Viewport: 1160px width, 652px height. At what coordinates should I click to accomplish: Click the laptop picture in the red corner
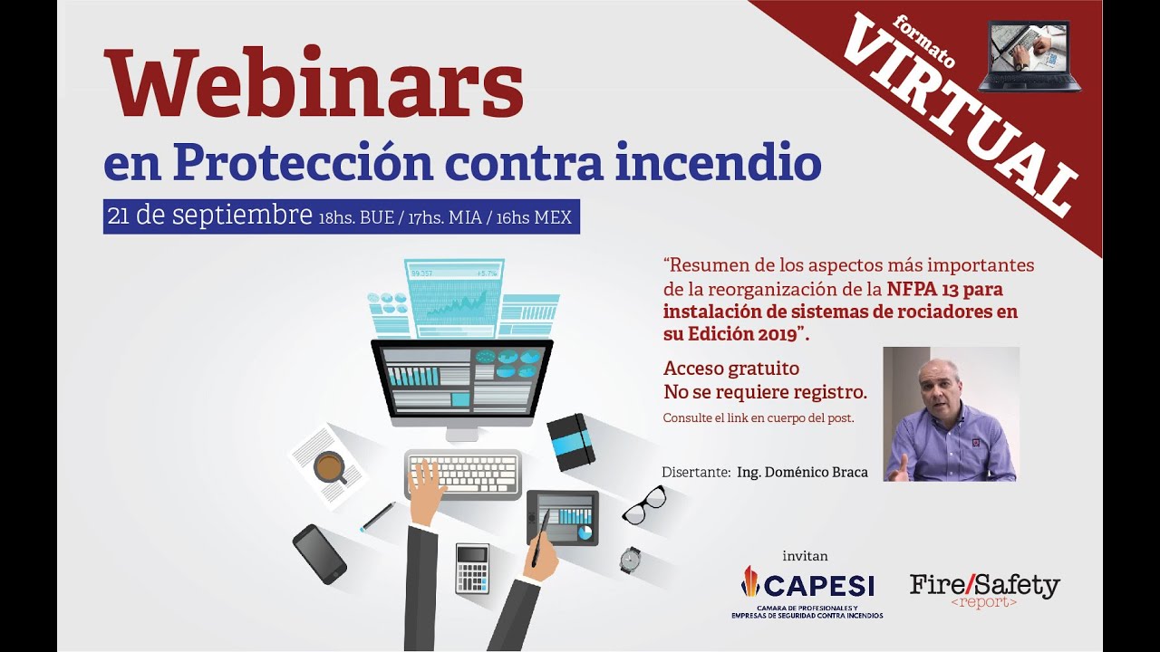coord(1029,55)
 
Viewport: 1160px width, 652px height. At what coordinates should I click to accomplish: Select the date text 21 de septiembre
coord(209,216)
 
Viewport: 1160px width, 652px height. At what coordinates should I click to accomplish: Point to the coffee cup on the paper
coord(328,466)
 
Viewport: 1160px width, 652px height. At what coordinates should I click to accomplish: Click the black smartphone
coord(319,553)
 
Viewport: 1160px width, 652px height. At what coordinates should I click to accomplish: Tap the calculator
coord(472,568)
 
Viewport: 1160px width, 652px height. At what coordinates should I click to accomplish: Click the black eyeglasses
coord(644,504)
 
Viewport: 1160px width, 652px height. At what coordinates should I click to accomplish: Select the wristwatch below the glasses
coord(631,560)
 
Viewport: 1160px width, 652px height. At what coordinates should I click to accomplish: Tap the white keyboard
coord(463,473)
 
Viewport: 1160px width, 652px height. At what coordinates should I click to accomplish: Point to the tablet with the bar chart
coord(563,517)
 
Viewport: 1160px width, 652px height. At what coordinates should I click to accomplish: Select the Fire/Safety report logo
coord(984,590)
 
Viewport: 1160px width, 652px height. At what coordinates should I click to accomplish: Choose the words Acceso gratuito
coord(731,369)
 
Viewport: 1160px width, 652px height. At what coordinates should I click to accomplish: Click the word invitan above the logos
coord(805,555)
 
